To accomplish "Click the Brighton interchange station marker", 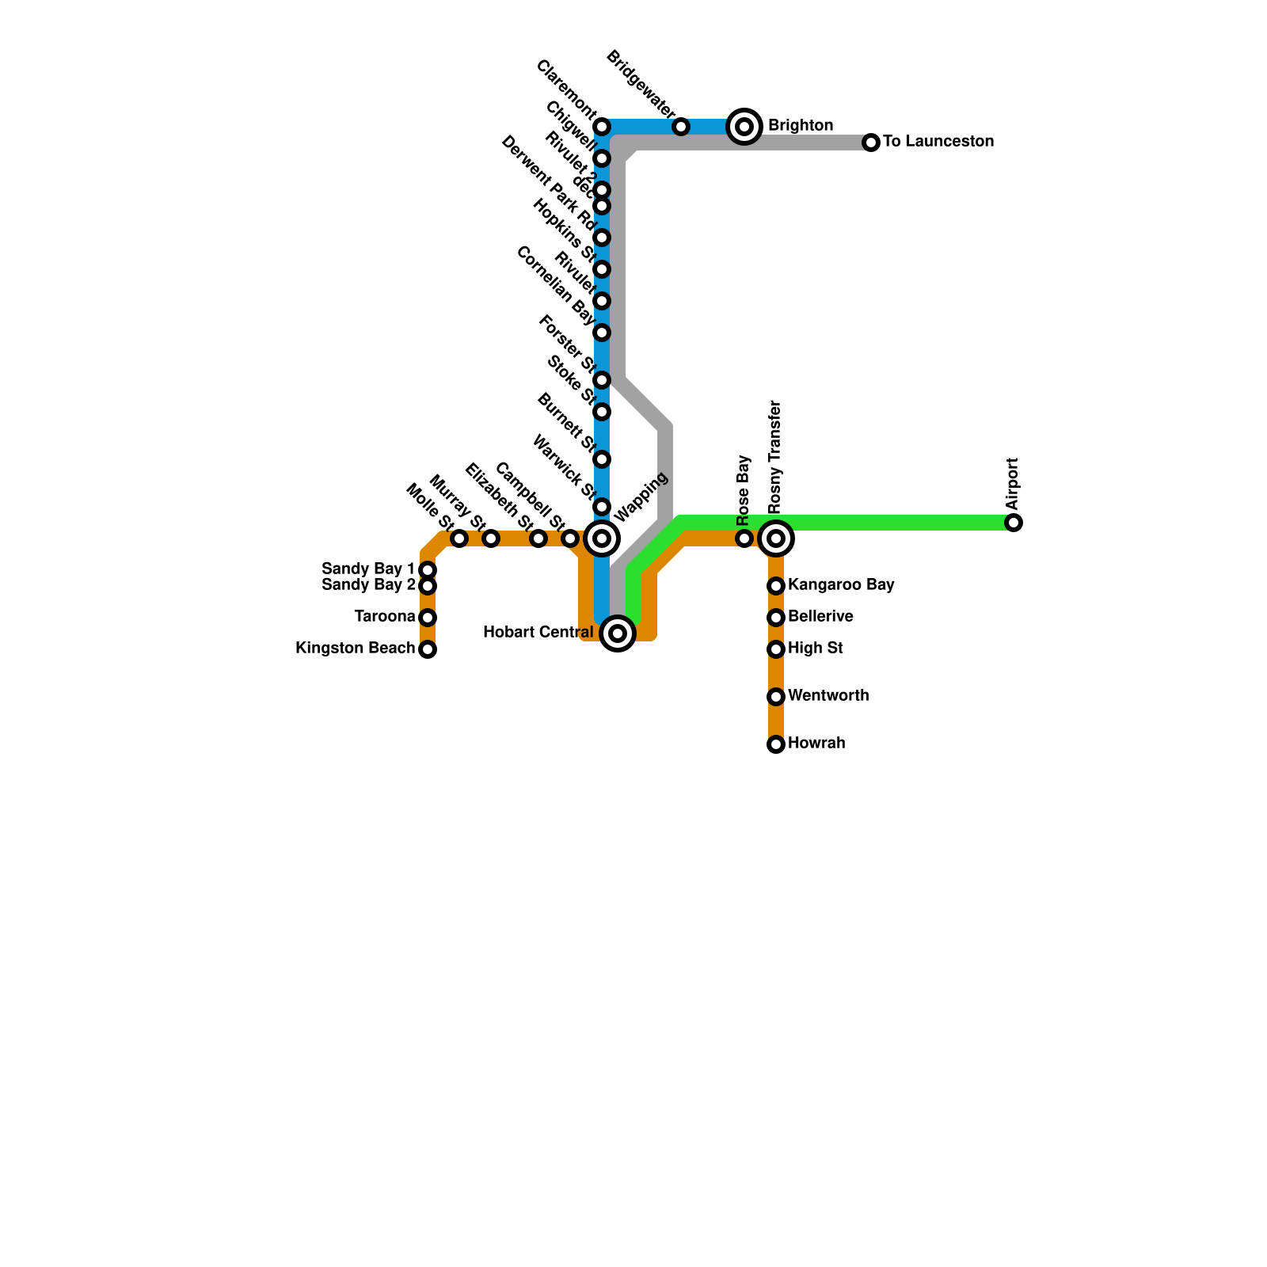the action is pyautogui.click(x=744, y=127).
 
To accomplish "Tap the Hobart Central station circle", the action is pyautogui.click(x=618, y=633).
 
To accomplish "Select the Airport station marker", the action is pyautogui.click(x=1014, y=523).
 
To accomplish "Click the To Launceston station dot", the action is pyautogui.click(x=871, y=143).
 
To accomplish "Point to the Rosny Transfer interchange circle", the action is pyautogui.click(x=776, y=538).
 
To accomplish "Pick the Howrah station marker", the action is pyautogui.click(x=776, y=744).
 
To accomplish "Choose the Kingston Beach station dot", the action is pyautogui.click(x=428, y=649).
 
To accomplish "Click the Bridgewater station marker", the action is pyautogui.click(x=681, y=127).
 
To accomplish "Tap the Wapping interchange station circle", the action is pyautogui.click(x=602, y=538).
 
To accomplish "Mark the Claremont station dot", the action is pyautogui.click(x=602, y=127).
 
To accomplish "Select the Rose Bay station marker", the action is pyautogui.click(x=744, y=538).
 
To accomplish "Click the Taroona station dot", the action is pyautogui.click(x=428, y=618).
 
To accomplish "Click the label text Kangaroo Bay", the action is pyautogui.click(x=841, y=585).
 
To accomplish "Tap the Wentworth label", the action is pyautogui.click(x=828, y=696).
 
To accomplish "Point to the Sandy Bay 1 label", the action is pyautogui.click(x=368, y=569).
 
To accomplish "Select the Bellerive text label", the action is pyautogui.click(x=820, y=617).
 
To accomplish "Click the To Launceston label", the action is pyautogui.click(x=938, y=142).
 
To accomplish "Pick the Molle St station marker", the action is pyautogui.click(x=459, y=538).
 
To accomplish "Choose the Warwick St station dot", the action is pyautogui.click(x=602, y=507).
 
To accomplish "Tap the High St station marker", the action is pyautogui.click(x=776, y=649).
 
